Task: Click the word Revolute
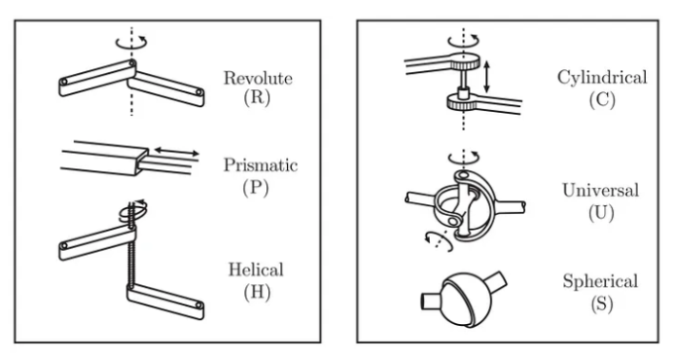(258, 79)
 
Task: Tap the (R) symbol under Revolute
(257, 97)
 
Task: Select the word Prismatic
(261, 165)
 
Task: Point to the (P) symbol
(256, 188)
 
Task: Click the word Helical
(256, 270)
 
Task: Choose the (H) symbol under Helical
(257, 293)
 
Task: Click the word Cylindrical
(602, 78)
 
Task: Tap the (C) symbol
(602, 99)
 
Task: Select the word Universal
(600, 191)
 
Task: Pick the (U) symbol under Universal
(601, 212)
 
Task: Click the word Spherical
(600, 281)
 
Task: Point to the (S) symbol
(601, 304)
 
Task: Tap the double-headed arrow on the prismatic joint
(176, 152)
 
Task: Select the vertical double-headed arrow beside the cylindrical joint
(486, 77)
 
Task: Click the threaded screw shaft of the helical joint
(131, 256)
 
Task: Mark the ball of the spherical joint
(465, 300)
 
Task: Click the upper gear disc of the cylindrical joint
(464, 62)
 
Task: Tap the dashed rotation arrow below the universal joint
(439, 241)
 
